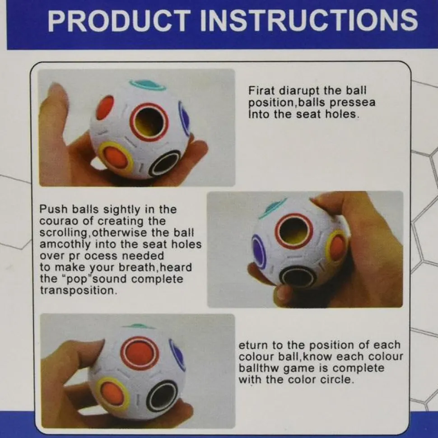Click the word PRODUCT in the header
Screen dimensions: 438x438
click(117, 21)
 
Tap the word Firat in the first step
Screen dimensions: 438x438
click(262, 91)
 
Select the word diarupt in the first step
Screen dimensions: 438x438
click(299, 91)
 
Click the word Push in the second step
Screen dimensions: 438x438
click(53, 209)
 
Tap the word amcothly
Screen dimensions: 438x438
click(65, 245)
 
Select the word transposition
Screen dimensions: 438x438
click(77, 290)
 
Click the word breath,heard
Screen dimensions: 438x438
click(155, 268)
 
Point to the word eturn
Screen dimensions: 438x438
click(252, 345)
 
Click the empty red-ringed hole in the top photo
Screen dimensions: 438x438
click(149, 122)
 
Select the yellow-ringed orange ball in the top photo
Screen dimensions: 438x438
click(115, 158)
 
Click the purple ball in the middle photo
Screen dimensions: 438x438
click(259, 252)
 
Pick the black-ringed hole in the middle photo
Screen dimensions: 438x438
click(298, 277)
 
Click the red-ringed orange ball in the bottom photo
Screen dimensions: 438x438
click(140, 353)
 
